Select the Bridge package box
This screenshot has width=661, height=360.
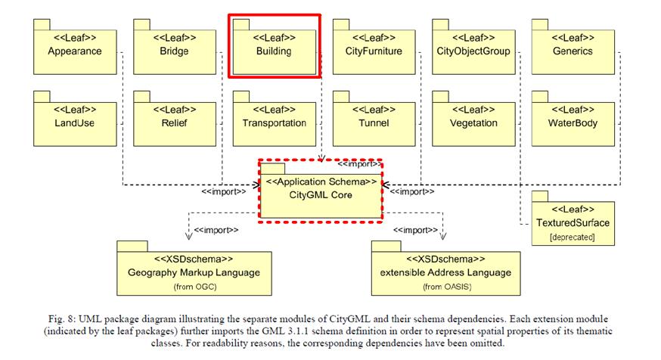point(174,47)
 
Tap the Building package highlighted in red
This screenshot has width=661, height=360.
point(273,47)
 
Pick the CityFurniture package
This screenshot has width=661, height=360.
point(374,47)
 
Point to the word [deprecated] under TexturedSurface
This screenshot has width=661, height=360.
point(572,237)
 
